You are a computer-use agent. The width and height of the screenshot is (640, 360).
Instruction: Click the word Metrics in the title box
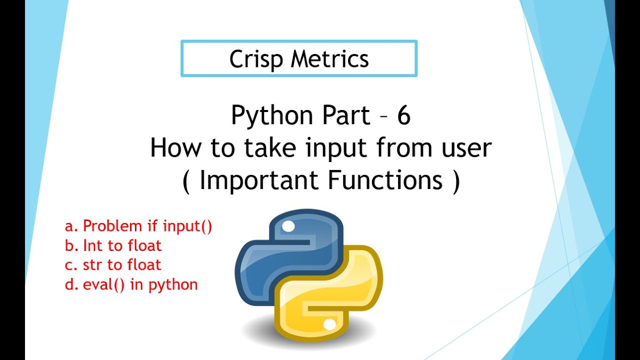point(330,59)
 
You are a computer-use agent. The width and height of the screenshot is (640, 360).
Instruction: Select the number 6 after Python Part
point(403,116)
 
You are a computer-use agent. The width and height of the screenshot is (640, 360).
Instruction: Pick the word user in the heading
point(463,149)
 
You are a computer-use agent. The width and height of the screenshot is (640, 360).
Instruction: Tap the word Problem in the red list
point(112,226)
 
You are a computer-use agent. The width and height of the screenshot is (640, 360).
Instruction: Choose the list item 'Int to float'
point(122,245)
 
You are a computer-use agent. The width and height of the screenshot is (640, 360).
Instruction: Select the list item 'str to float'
point(122,265)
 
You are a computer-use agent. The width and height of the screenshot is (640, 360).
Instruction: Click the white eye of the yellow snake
point(329,325)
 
